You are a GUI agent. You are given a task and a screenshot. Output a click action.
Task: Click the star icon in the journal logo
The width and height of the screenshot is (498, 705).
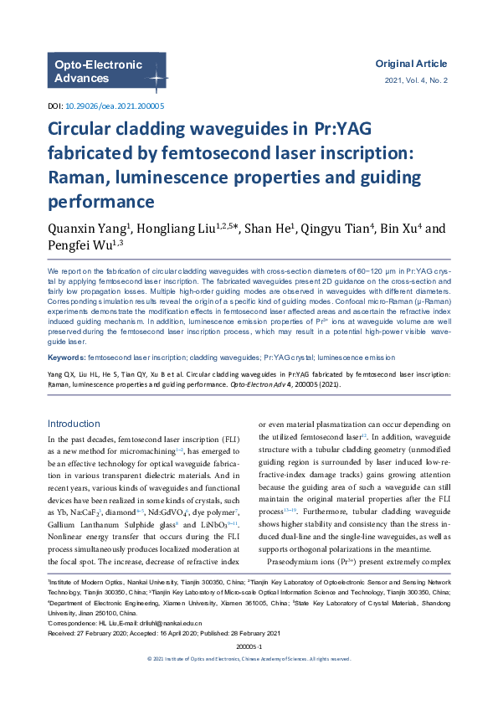click(x=155, y=77)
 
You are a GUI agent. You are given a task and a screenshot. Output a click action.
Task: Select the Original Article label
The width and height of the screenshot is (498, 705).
click(x=411, y=64)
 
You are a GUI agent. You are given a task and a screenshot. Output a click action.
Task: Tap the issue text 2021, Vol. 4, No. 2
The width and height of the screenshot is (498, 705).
click(x=416, y=80)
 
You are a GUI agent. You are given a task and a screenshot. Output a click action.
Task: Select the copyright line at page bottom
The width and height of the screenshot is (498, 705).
click(x=249, y=682)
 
